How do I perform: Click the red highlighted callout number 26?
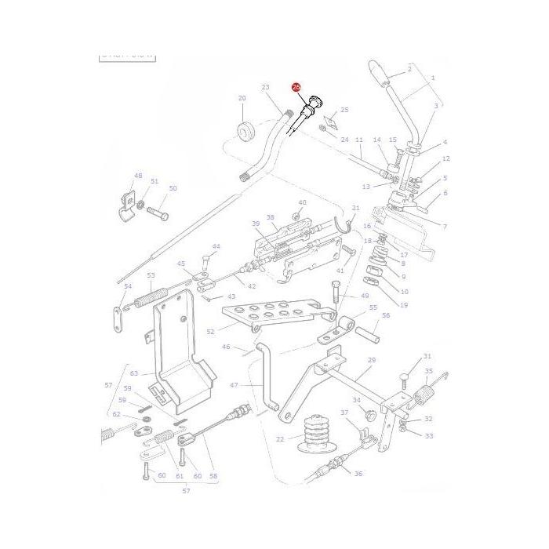pyautogui.click(x=296, y=88)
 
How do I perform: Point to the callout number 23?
pyautogui.click(x=265, y=88)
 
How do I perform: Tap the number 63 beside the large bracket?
pyautogui.click(x=134, y=373)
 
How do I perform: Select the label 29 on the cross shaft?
pyautogui.click(x=372, y=360)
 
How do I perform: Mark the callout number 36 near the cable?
pyautogui.click(x=358, y=474)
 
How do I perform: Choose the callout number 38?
pyautogui.click(x=271, y=217)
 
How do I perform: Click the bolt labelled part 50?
pyautogui.click(x=159, y=212)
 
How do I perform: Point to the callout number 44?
pyautogui.click(x=216, y=247)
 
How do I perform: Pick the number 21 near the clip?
pyautogui.click(x=355, y=208)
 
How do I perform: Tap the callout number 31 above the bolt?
pyautogui.click(x=427, y=356)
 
